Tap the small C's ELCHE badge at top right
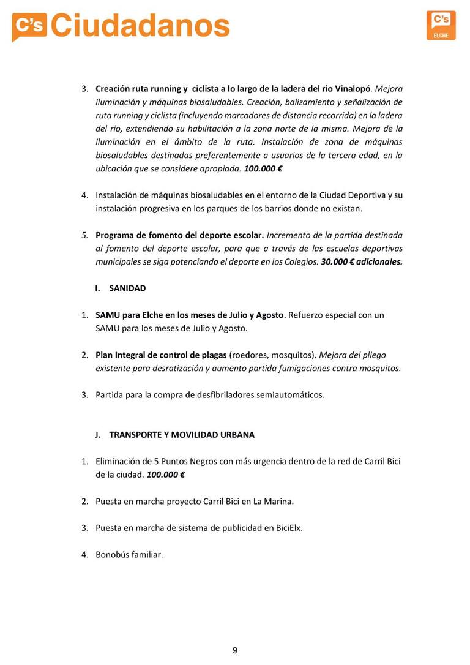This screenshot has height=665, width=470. (x=441, y=25)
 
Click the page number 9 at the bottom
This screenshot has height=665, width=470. (x=235, y=650)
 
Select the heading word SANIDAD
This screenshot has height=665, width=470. (x=127, y=288)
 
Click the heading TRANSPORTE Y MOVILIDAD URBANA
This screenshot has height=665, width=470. (x=182, y=435)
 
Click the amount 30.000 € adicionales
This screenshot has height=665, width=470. (x=362, y=261)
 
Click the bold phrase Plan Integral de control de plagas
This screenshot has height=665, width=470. (x=161, y=355)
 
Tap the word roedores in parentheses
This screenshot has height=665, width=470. (x=248, y=355)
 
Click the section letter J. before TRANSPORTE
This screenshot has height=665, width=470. (x=98, y=435)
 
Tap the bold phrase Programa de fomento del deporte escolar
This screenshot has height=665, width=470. (x=179, y=235)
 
